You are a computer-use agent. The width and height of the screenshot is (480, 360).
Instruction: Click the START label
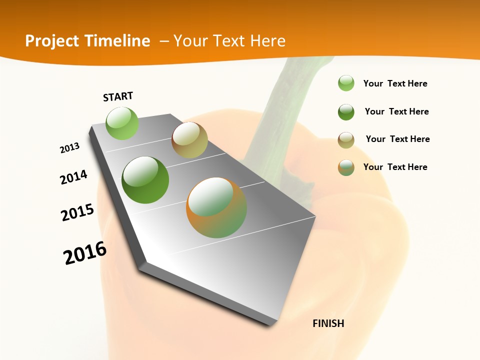pos(118,96)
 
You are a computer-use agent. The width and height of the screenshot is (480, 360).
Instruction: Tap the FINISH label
pos(328,323)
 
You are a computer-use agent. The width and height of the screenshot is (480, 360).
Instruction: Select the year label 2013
pos(69,148)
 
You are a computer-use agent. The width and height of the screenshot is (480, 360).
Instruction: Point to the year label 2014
pos(73,177)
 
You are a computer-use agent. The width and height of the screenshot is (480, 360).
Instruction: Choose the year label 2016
pos(85,253)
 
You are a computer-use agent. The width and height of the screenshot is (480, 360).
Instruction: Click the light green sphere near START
pos(122,123)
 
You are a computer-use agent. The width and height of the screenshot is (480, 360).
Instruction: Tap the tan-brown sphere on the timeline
pos(189,140)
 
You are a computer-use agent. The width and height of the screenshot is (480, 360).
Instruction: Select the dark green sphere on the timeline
pos(145,180)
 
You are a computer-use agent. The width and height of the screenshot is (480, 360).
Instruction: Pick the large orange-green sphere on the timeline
pos(216,207)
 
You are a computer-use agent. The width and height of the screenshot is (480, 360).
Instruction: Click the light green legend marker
pos(346,83)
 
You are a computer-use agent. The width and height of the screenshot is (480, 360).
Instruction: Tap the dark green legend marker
pos(346,112)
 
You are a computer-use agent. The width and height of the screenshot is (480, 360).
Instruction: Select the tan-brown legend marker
pos(346,140)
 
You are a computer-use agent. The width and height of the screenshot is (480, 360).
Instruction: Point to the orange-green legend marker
pos(346,167)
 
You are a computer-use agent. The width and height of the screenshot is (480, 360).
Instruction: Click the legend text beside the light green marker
pos(395,83)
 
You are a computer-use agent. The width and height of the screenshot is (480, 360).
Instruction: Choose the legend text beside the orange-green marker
pos(395,167)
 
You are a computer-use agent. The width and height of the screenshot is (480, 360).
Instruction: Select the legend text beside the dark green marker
pos(397,111)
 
